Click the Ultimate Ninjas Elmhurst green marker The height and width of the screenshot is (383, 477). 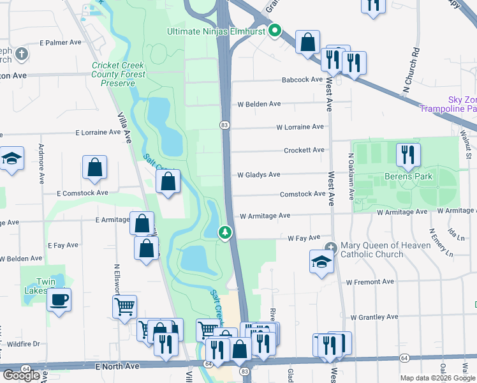point(275,30)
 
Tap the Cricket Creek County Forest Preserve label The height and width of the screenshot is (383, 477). point(119,74)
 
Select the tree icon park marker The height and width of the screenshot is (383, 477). point(224,233)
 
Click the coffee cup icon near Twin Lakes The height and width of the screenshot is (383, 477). point(59,299)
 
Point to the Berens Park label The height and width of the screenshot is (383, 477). point(409,176)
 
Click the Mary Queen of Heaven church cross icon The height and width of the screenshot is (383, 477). point(330,248)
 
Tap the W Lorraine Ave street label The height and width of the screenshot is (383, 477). point(300,127)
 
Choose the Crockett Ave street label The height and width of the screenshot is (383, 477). point(304,150)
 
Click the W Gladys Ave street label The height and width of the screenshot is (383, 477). point(259,174)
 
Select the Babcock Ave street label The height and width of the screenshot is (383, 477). point(303,80)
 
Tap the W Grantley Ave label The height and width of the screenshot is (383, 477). point(374,317)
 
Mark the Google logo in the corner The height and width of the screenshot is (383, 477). point(21,375)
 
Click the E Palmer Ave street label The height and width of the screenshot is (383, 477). point(61,43)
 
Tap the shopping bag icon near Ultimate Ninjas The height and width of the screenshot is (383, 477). point(308,42)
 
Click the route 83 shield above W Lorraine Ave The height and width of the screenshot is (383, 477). point(225,125)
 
